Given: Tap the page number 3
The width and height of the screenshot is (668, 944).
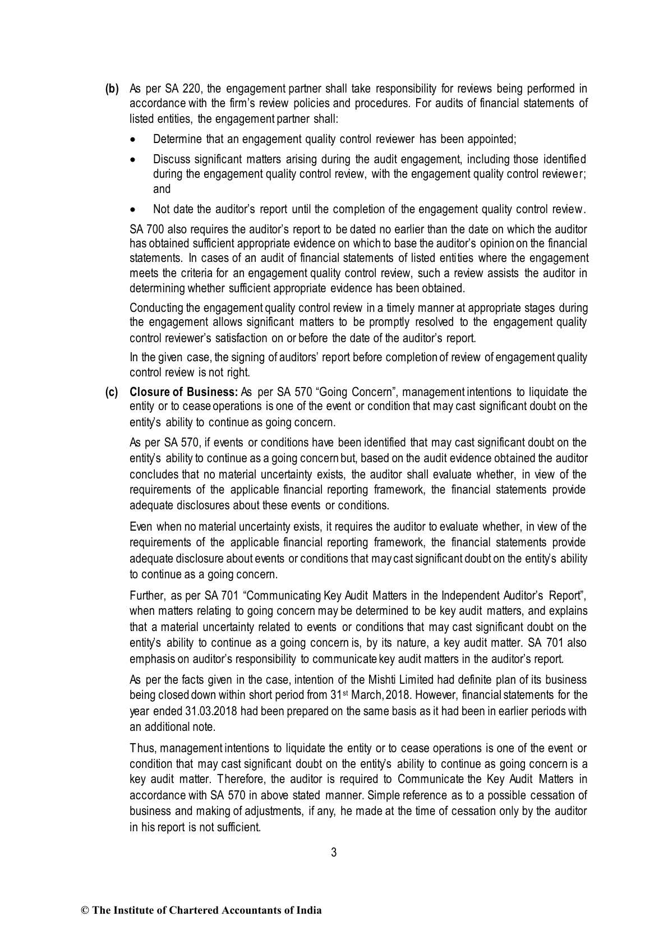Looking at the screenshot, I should pos(334,853).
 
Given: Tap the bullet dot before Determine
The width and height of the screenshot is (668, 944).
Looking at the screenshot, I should pos(133,139).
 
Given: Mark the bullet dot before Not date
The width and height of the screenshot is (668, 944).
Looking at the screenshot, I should pos(133,210).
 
